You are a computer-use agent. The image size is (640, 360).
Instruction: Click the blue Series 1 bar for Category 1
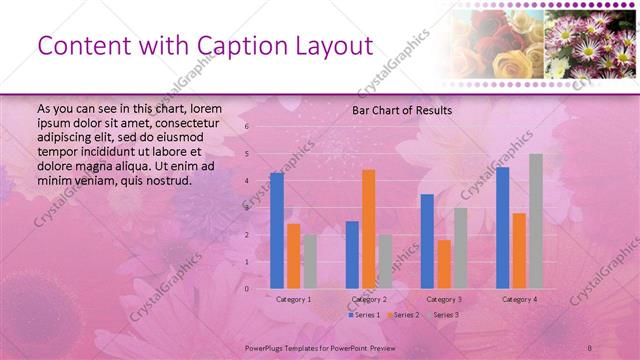point(276,231)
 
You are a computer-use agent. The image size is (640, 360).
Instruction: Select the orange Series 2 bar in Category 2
point(368,229)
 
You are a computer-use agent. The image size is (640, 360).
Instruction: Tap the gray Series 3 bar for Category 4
point(536,221)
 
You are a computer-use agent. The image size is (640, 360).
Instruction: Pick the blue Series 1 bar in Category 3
point(427,241)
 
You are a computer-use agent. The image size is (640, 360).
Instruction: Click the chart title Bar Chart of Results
point(402,110)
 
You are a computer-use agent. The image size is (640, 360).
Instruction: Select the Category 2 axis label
point(369,299)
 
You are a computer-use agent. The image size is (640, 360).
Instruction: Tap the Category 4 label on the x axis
point(519,299)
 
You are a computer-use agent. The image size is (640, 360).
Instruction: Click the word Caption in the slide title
point(214,46)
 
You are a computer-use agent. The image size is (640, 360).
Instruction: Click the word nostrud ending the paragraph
point(167,180)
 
